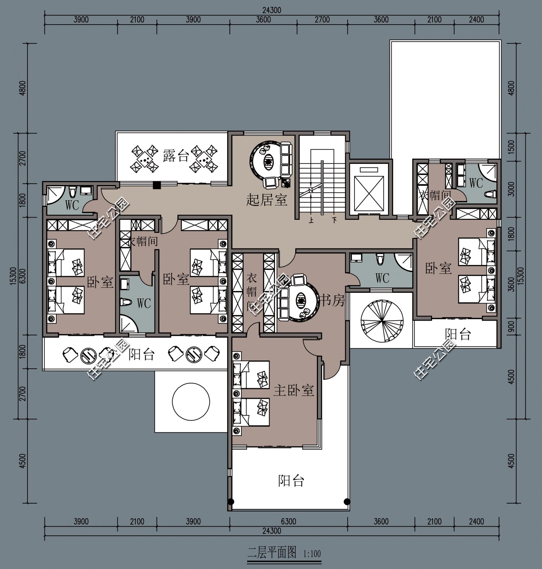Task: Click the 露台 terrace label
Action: point(176,157)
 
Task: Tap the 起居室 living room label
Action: point(267,199)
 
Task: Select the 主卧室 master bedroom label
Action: point(293,390)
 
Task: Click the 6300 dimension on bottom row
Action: point(288,522)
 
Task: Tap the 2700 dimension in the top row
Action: point(322,19)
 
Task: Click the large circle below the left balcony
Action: point(191,401)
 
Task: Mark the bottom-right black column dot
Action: point(347,501)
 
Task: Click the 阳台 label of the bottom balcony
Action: point(291,481)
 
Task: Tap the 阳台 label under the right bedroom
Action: point(458,334)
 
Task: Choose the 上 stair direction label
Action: point(311,219)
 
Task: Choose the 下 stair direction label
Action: point(335,219)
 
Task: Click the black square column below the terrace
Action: point(156,185)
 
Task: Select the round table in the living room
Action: point(268,162)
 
